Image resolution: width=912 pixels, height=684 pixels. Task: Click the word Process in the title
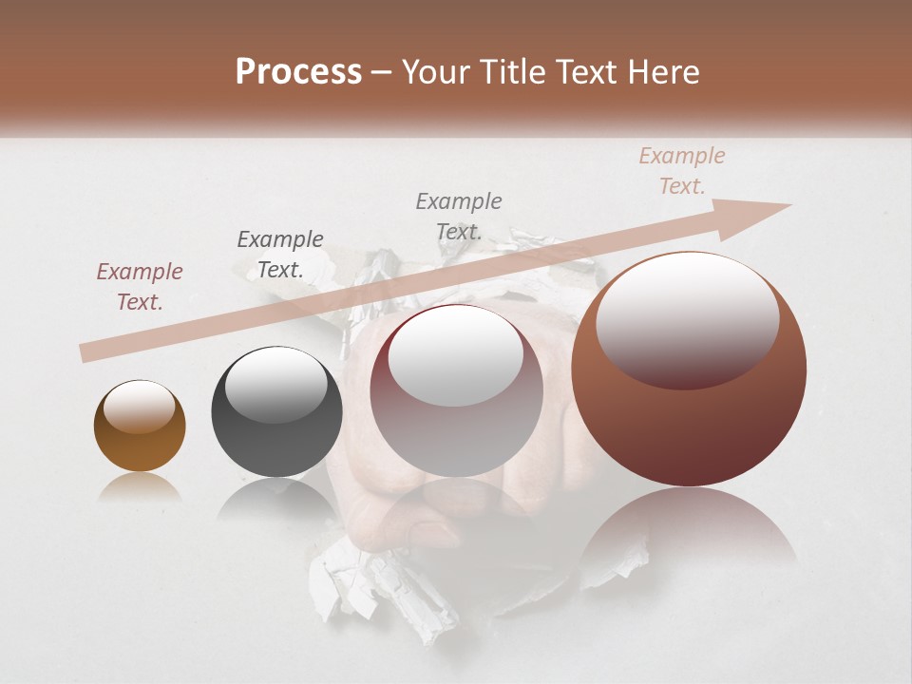298,72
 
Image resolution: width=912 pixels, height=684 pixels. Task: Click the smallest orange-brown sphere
140,427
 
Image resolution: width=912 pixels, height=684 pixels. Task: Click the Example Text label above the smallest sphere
140,287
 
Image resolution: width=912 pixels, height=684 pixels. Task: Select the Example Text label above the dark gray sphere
280,255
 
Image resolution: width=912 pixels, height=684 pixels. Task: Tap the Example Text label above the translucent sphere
459,217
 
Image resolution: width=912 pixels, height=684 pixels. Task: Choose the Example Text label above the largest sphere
682,171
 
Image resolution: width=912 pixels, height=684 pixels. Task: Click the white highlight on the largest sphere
688,319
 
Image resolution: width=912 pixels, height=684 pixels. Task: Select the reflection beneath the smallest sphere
140,486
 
